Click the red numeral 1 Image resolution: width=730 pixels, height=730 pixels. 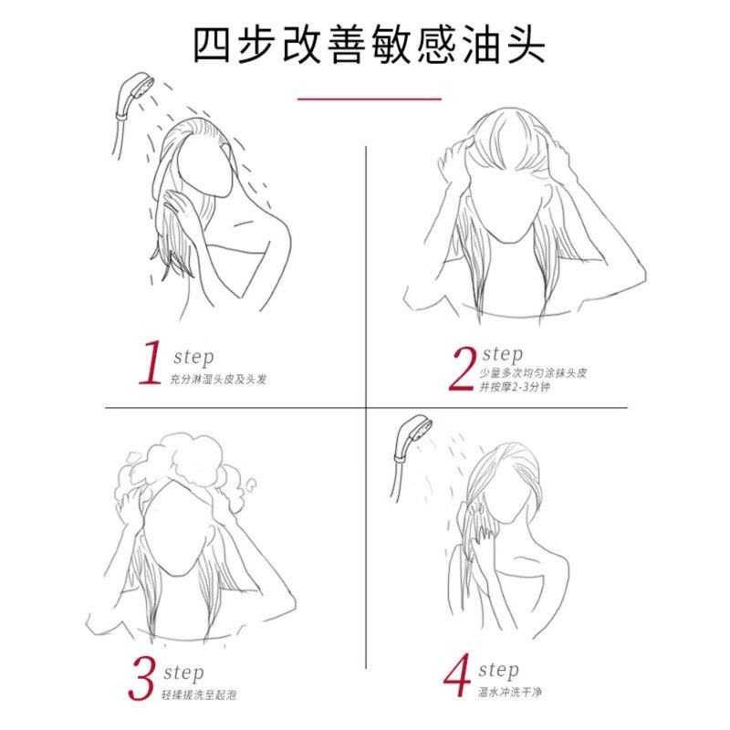click(x=148, y=363)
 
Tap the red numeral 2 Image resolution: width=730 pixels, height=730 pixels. click(x=464, y=369)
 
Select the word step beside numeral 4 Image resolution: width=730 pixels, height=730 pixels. click(x=499, y=672)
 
